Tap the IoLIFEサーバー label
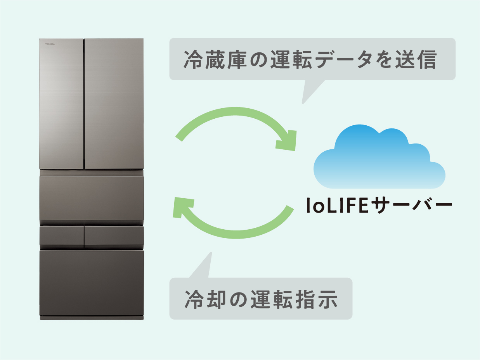tap(379, 206)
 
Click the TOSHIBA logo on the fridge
tap(50, 45)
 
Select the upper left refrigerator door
tap(62, 104)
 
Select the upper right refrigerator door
tap(114, 104)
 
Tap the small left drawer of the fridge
tap(62, 236)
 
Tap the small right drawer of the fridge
tap(114, 236)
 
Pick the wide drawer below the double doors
tap(92, 199)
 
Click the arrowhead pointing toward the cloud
tap(287, 141)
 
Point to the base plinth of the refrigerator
tap(92, 318)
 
